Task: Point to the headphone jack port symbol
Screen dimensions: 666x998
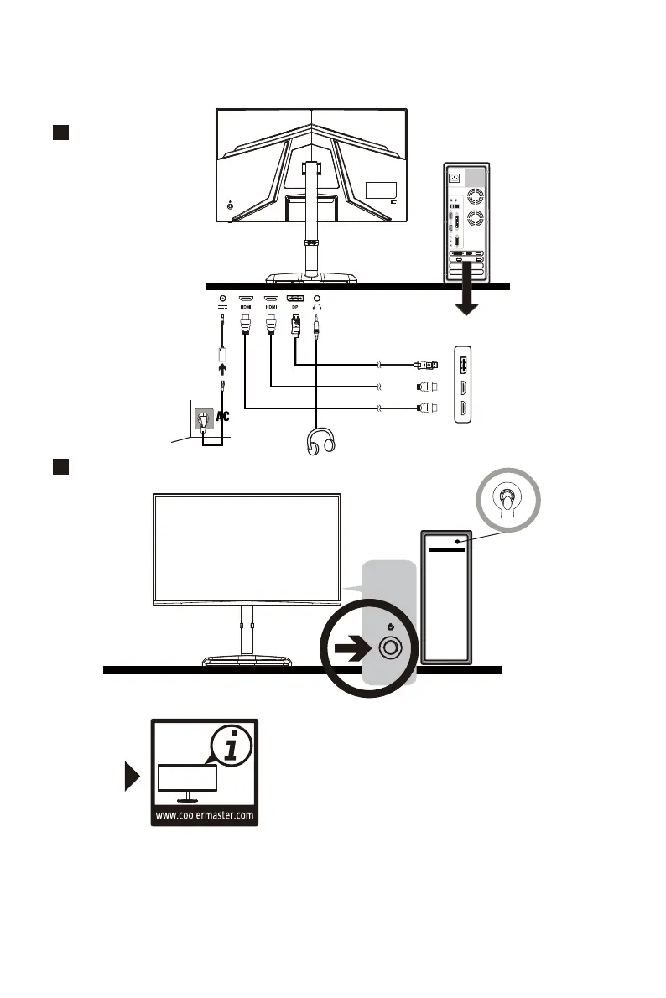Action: coord(317,297)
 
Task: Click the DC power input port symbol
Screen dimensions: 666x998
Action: coord(222,297)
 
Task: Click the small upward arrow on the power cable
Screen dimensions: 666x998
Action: coord(222,370)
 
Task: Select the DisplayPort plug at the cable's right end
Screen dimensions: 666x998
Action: coord(427,365)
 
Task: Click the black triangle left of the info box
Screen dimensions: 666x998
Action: coord(130,777)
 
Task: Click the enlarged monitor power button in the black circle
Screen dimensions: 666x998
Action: coord(390,647)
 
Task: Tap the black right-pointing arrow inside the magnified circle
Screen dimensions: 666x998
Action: coord(352,647)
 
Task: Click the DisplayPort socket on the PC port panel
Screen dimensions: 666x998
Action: coord(463,365)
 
